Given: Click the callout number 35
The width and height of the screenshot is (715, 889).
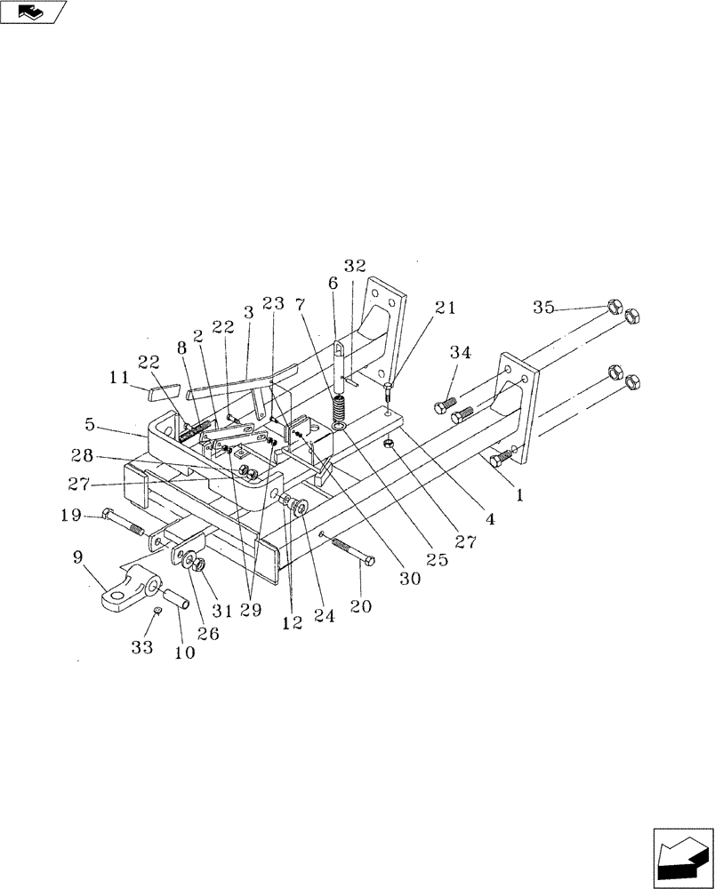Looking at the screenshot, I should [x=543, y=308].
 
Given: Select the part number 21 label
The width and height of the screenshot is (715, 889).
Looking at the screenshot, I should [x=445, y=308].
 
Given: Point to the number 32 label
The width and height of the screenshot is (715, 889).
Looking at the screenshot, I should [x=355, y=266].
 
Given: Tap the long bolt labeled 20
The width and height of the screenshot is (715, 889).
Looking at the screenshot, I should [x=351, y=550].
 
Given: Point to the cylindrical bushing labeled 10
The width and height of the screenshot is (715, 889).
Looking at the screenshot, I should [x=175, y=600].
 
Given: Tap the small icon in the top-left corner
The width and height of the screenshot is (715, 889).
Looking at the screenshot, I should [x=33, y=12].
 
